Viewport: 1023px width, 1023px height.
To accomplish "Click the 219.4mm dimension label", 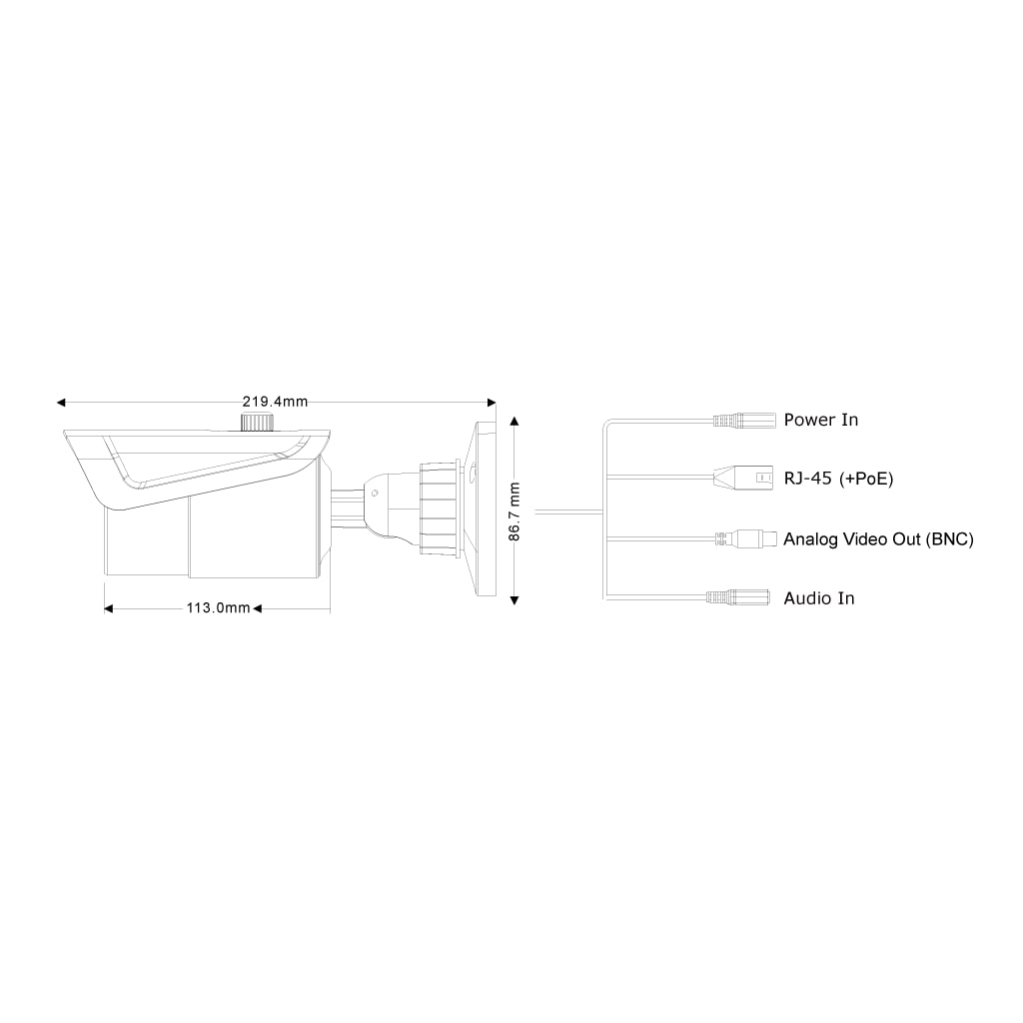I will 276,402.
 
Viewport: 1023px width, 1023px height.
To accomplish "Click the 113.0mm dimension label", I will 219,607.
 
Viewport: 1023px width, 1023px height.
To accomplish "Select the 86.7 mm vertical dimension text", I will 513,511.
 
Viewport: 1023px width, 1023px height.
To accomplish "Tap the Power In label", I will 820,420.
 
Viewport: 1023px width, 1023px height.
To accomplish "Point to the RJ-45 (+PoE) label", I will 838,479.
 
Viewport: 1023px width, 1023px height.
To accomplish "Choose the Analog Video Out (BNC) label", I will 878,539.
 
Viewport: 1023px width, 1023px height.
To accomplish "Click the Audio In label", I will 819,598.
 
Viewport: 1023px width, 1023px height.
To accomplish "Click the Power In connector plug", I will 745,421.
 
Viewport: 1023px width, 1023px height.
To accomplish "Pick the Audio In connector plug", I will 740,597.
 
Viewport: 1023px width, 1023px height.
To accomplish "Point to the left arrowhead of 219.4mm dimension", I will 62,403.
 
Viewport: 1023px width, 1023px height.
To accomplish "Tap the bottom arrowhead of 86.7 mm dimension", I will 513,599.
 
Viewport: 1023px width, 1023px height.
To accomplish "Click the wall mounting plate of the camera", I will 485,510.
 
